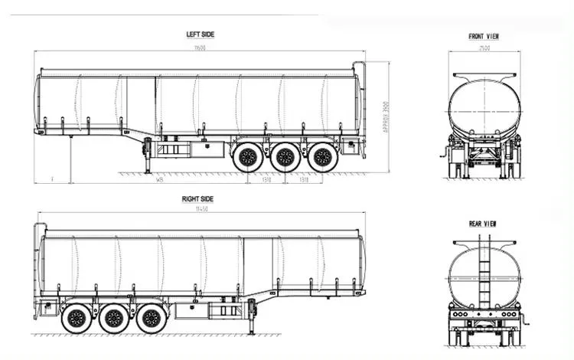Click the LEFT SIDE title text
[200, 34]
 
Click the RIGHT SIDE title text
[197, 198]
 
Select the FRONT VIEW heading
[484, 37]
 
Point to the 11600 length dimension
[201, 47]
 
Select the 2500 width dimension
[484, 48]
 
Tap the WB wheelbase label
[159, 181]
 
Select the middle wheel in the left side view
[285, 159]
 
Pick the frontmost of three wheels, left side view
[247, 159]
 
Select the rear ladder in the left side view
[359, 107]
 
